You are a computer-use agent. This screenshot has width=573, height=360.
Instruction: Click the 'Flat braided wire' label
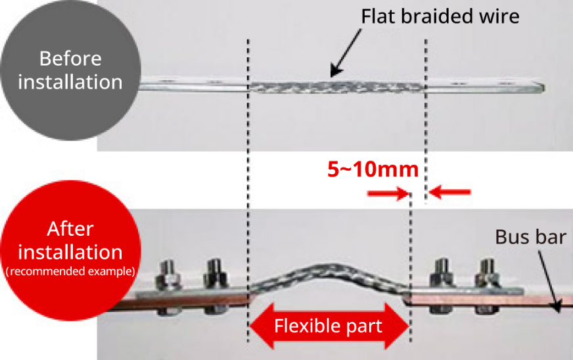(440, 16)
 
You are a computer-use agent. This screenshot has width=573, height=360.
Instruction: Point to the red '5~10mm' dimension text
(373, 169)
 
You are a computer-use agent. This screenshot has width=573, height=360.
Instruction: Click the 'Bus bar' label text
(530, 236)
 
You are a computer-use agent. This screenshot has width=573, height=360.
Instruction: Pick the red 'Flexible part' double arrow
(329, 326)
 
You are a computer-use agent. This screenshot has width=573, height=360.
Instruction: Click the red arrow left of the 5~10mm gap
(385, 192)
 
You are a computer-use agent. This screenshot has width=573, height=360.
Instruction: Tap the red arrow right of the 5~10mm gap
(450, 192)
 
